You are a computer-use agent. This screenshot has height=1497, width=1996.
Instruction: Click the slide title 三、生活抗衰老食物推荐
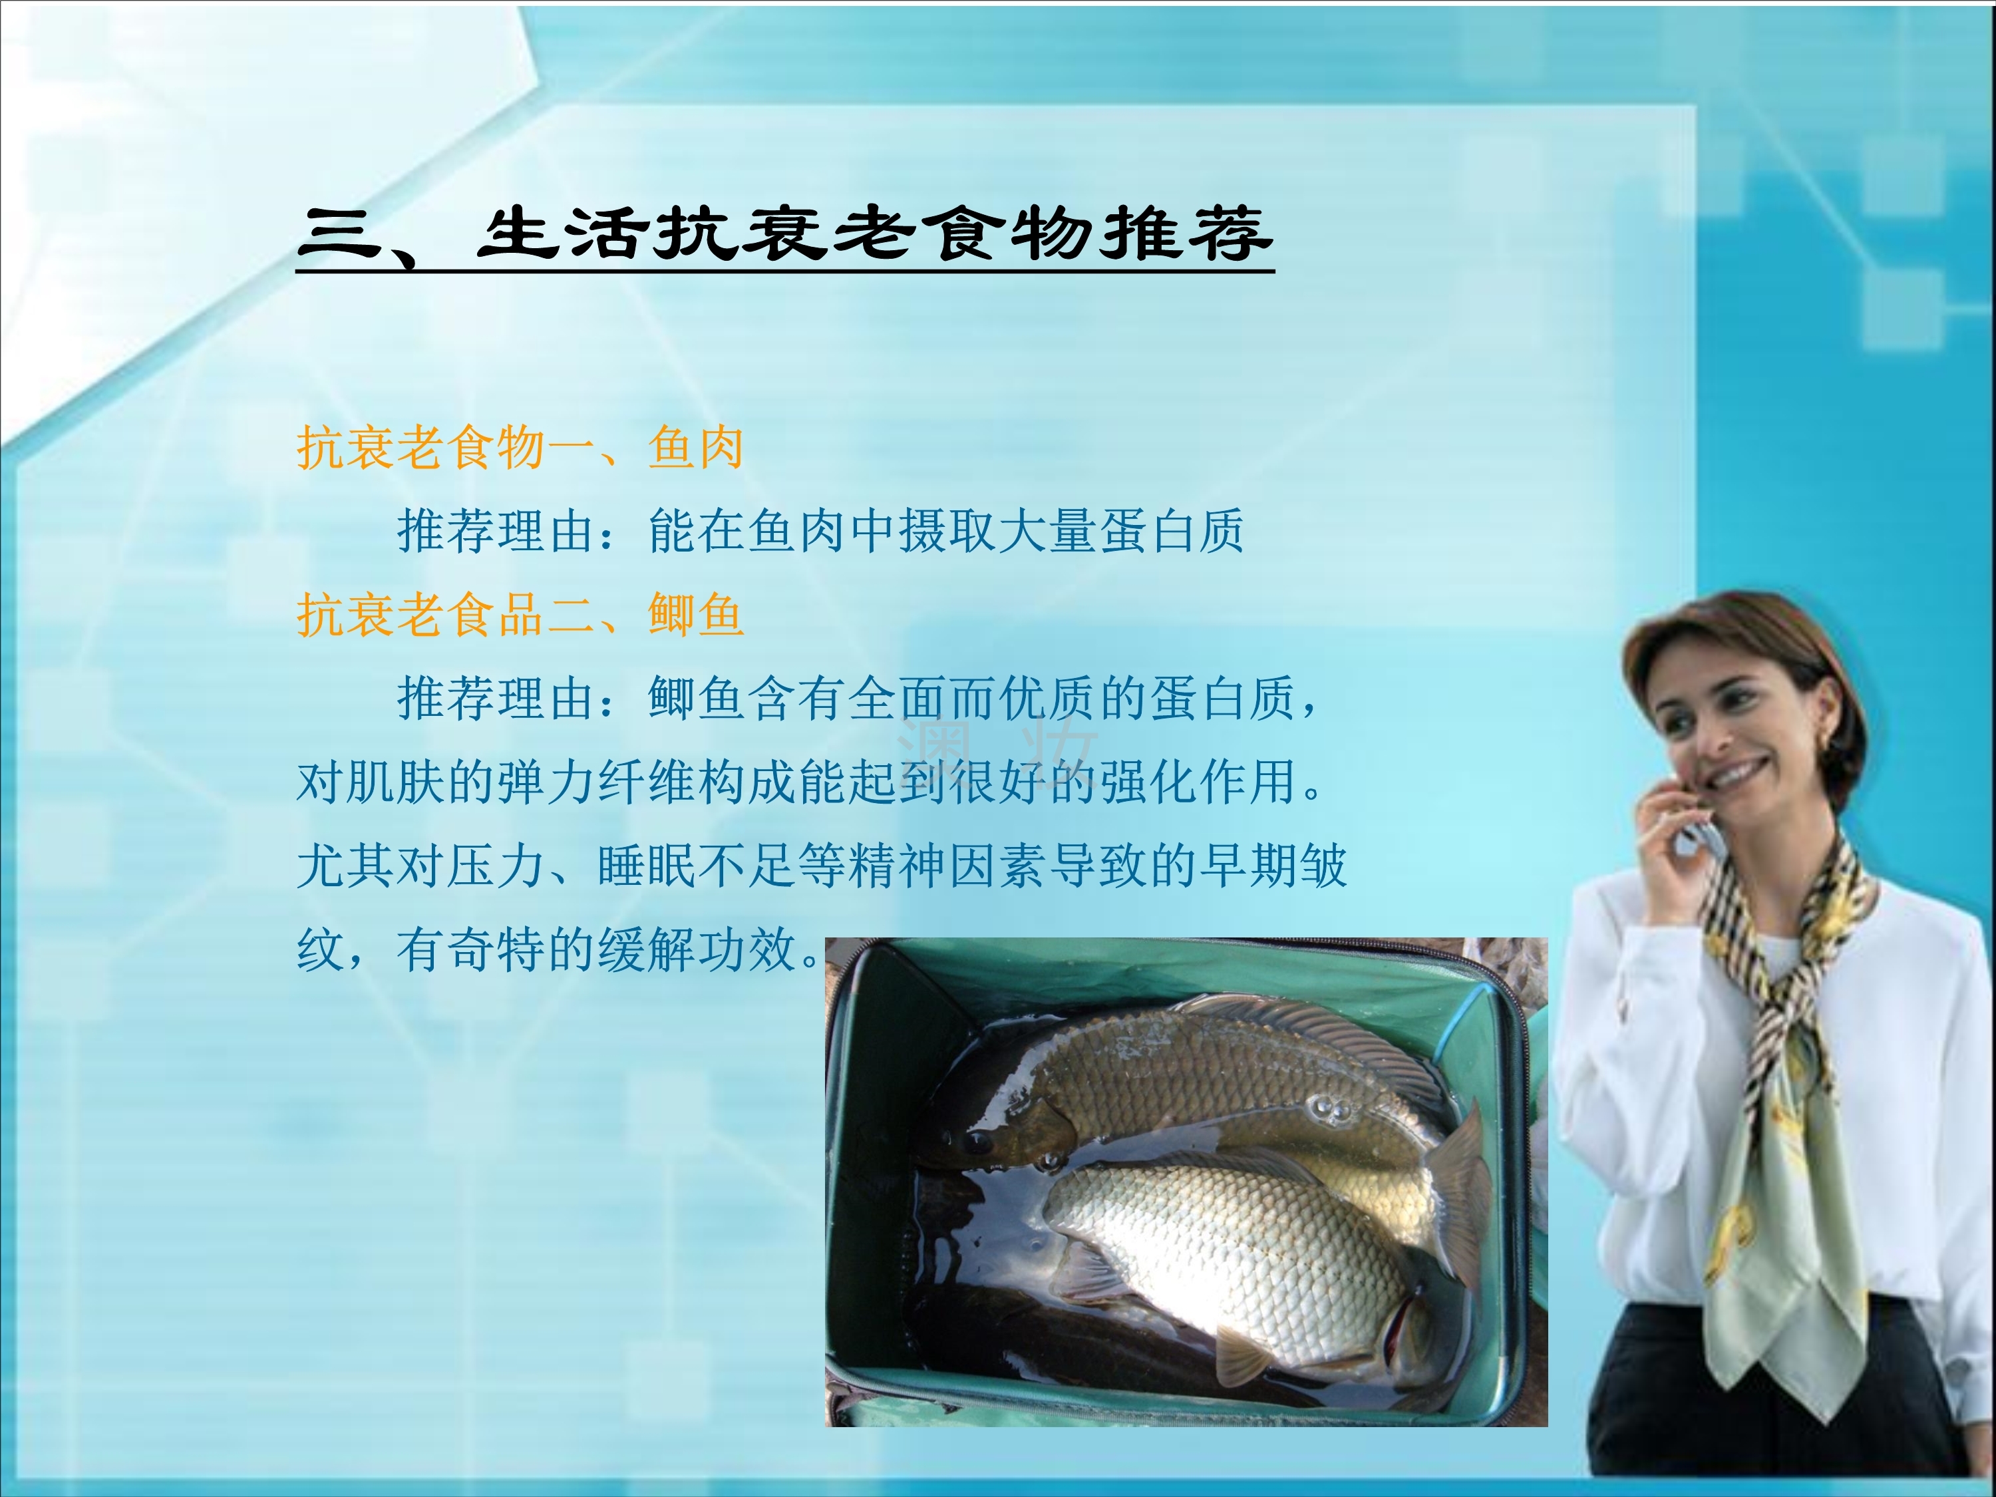pos(785,236)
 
